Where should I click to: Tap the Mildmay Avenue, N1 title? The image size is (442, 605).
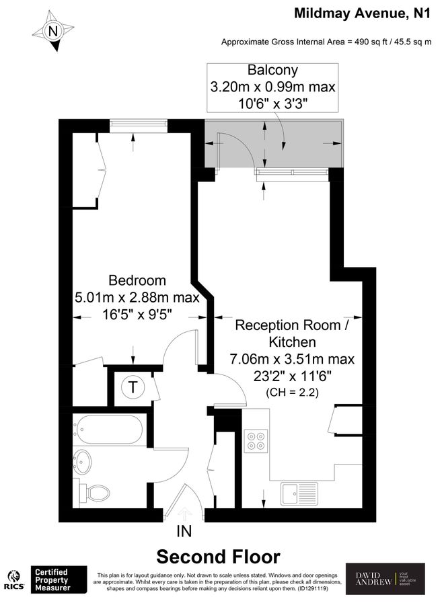tap(361, 13)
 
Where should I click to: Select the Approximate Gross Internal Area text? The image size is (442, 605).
tap(326, 42)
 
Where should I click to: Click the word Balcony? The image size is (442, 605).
tap(272, 70)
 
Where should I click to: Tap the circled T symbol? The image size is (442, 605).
tap(133, 387)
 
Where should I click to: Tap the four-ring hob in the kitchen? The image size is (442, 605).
tap(256, 440)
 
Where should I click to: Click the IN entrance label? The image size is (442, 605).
tap(184, 532)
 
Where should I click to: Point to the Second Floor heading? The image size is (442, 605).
tap(218, 557)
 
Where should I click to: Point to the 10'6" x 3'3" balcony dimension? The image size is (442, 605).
tap(272, 103)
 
